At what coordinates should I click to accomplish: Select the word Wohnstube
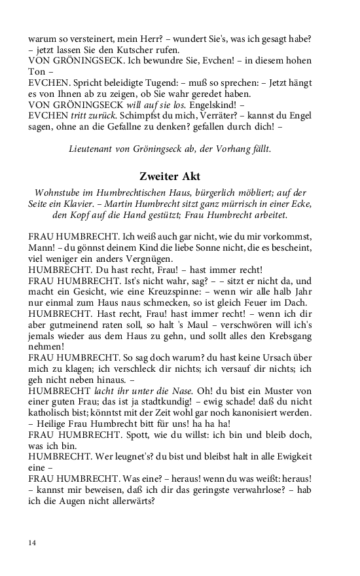(58, 192)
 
